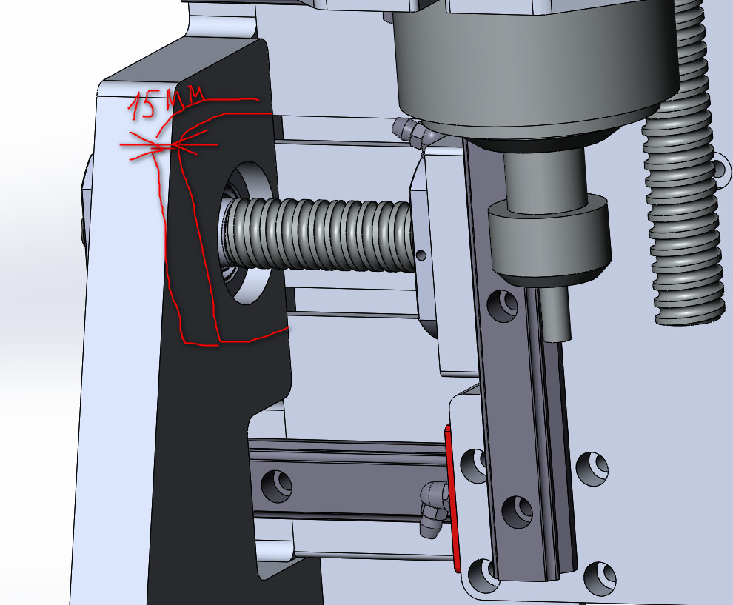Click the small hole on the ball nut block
click(x=421, y=255)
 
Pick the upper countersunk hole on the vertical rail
click(x=503, y=306)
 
